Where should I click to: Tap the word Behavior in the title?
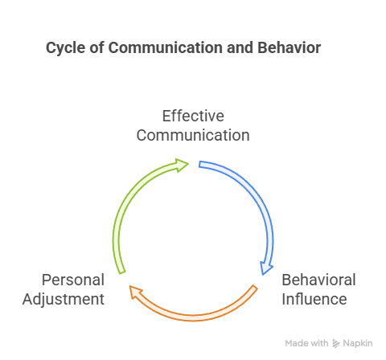click(289, 47)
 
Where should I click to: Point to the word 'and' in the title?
click(240, 47)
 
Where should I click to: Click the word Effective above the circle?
click(193, 116)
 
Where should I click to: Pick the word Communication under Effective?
click(193, 135)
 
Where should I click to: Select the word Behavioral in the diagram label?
click(318, 280)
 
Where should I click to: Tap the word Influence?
click(314, 299)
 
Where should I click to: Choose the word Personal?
click(73, 280)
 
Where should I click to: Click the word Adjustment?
click(64, 299)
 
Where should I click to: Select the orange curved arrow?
click(193, 317)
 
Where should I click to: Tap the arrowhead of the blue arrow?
click(266, 268)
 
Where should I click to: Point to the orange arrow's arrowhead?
click(135, 292)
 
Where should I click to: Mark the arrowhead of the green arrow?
click(182, 165)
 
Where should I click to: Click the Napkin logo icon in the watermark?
click(335, 343)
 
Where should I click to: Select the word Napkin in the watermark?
click(358, 343)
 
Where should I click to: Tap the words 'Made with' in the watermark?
click(306, 343)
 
